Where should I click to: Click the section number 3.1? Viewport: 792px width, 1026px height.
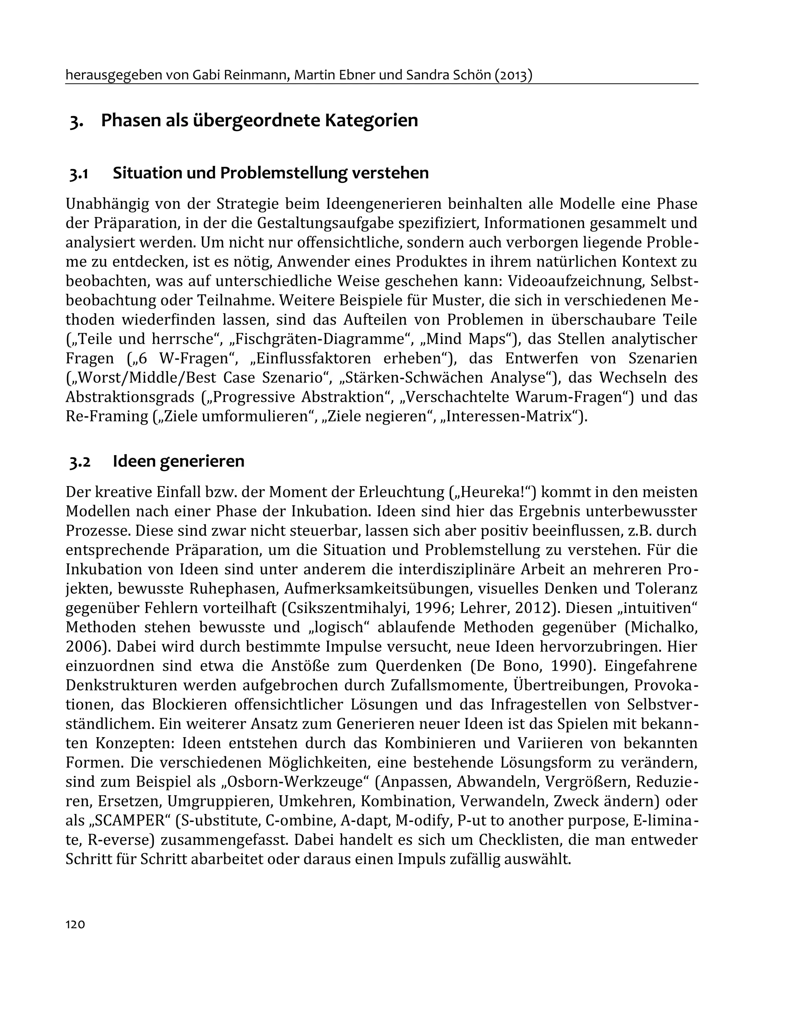79,173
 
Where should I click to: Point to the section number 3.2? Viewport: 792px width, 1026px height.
80,461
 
